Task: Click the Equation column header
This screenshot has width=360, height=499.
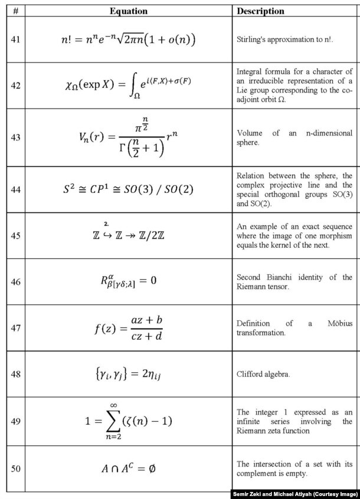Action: [128, 11]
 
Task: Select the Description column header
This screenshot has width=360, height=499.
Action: [260, 11]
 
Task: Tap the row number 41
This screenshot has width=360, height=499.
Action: [16, 40]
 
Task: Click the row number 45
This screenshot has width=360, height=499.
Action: [16, 235]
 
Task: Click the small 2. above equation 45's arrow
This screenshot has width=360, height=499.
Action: [106, 224]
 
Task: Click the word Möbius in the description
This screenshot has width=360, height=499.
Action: [340, 323]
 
